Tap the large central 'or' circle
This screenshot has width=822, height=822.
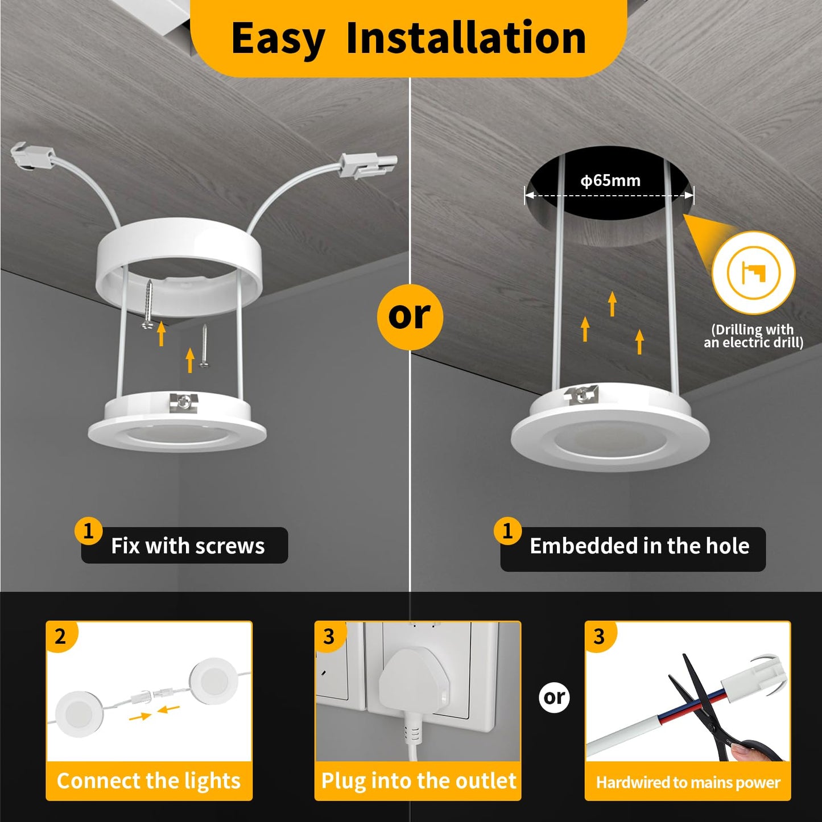(410, 316)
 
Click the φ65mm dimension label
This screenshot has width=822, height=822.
(610, 181)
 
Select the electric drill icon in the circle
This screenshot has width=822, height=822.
(753, 272)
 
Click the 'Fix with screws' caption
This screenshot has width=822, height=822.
(187, 546)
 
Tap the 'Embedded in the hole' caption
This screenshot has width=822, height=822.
(639, 546)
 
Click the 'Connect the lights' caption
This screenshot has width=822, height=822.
(149, 781)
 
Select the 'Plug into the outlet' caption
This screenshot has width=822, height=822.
(418, 781)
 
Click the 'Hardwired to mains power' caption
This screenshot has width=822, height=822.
(688, 783)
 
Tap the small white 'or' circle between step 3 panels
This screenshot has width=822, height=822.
(554, 697)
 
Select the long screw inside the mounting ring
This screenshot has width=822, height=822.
(149, 303)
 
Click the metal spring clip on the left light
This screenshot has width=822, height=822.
(185, 402)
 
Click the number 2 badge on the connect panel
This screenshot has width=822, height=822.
(60, 637)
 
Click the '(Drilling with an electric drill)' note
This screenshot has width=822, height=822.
(753, 336)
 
